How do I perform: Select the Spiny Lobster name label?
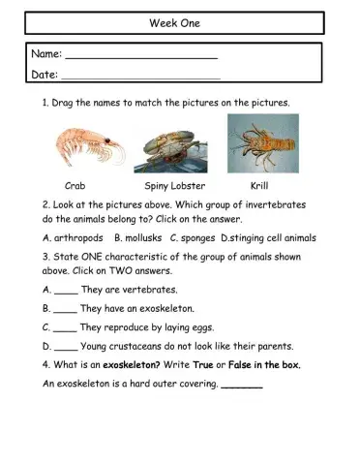pyautogui.click(x=169, y=185)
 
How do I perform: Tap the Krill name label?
pyautogui.click(x=258, y=185)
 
